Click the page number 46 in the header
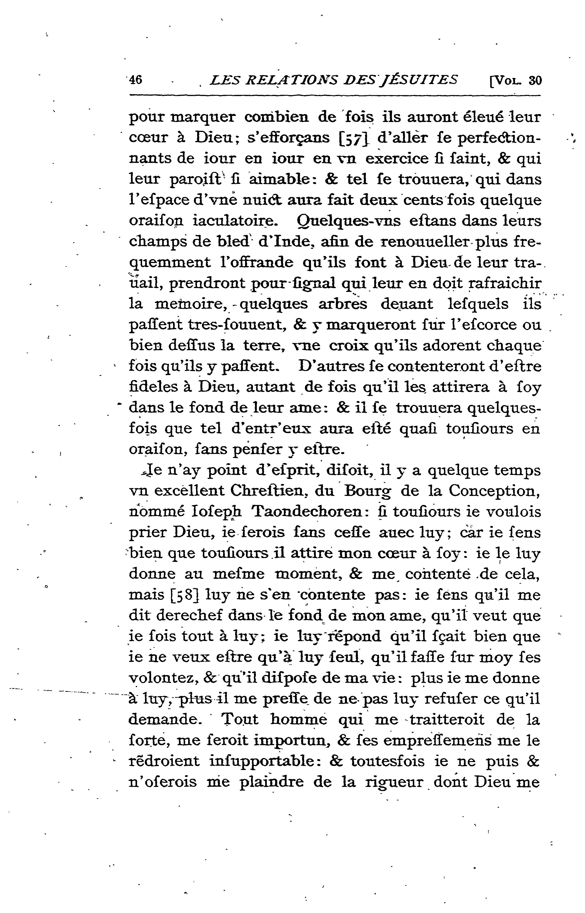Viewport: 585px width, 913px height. (x=136, y=80)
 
